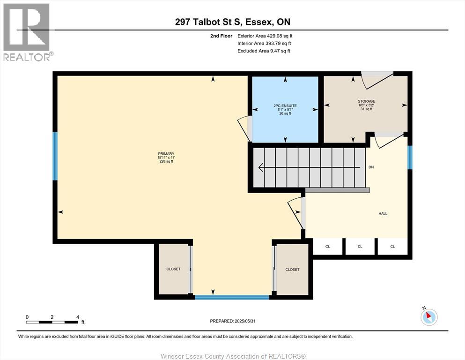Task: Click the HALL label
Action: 383,213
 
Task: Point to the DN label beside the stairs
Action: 371,167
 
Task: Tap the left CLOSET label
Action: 173,269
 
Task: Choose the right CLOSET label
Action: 292,270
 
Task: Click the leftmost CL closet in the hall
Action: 327,247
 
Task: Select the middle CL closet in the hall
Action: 360,247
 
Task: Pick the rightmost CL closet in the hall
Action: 392,247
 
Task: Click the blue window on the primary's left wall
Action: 55,156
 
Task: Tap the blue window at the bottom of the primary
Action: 232,297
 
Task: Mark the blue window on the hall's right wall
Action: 410,157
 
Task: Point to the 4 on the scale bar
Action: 77,317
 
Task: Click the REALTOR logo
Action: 27,32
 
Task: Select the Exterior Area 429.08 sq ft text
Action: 265,36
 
